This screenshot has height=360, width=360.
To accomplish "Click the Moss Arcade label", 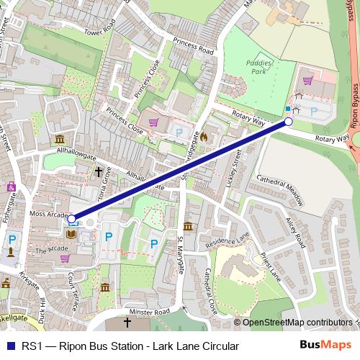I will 49,215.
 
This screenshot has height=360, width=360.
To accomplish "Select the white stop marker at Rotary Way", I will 289,122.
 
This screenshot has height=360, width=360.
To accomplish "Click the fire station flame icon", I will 204,135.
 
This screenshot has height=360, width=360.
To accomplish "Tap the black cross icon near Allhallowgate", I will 99,172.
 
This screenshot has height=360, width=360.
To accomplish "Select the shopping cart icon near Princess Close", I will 153,122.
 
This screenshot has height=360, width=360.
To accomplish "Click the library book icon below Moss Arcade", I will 71,234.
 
